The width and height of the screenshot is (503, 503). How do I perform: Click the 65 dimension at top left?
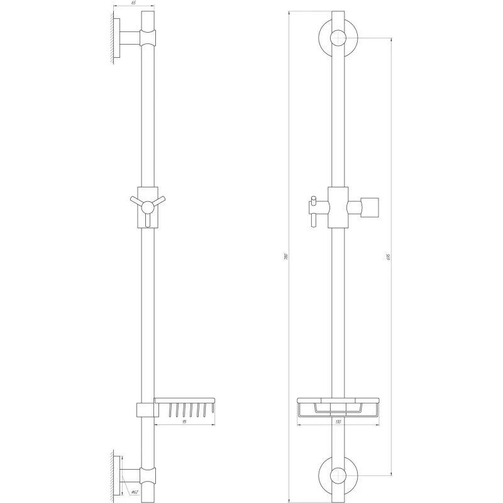tap(134, 4)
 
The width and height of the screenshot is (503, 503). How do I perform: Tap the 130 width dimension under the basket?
tap(338, 422)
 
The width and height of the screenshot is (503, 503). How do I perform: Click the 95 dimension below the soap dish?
tap(185, 422)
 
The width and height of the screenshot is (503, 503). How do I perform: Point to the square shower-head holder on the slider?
tap(370, 206)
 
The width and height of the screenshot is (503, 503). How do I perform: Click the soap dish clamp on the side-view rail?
tap(144, 409)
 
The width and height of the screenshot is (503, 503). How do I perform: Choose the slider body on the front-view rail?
tap(338, 207)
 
